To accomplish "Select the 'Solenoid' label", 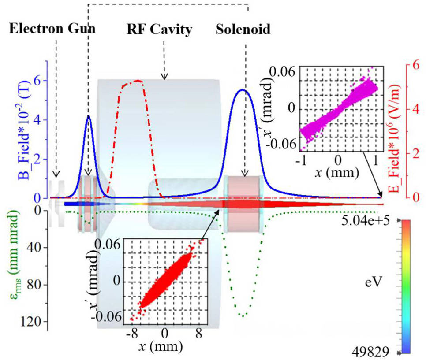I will (243, 30).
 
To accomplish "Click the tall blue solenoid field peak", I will (242, 90).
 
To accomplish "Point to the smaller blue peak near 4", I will (89, 116).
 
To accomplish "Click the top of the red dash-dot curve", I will (138, 81).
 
